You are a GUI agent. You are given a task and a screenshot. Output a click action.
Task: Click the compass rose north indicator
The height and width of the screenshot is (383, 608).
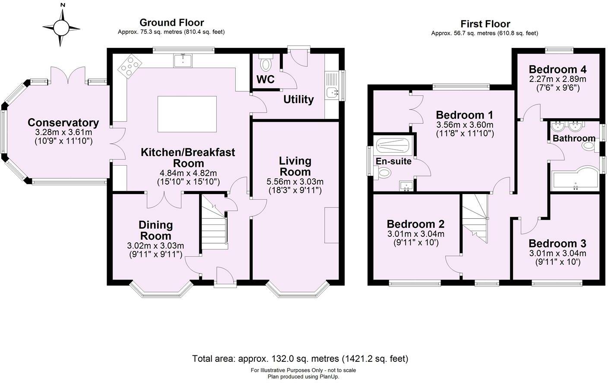click(x=63, y=6)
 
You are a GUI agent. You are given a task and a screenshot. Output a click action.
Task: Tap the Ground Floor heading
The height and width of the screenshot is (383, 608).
click(x=171, y=22)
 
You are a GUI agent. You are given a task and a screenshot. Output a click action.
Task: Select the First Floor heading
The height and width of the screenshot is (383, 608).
click(x=485, y=24)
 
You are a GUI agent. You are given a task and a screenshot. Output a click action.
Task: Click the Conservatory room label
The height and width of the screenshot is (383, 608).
click(x=63, y=123)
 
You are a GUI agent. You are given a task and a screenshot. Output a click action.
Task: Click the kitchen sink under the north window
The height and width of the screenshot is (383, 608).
click(x=183, y=61)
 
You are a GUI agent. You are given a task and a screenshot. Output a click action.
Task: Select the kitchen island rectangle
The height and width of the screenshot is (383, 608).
click(x=187, y=114)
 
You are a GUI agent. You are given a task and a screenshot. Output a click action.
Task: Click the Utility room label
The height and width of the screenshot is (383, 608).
click(x=298, y=100)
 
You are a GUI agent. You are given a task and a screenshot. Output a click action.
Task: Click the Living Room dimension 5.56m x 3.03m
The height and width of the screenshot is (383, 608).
click(x=295, y=181)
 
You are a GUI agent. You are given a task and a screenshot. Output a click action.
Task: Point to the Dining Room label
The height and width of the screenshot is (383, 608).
click(x=155, y=230)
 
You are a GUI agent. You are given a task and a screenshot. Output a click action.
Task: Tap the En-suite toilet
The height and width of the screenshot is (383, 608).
click(x=383, y=173)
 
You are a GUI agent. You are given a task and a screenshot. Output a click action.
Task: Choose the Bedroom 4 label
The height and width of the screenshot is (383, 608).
click(x=557, y=69)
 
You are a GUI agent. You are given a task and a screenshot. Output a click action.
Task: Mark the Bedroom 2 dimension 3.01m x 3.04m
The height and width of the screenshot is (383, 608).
click(x=416, y=234)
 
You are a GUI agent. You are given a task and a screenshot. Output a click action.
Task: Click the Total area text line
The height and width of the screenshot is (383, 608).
click(x=300, y=358)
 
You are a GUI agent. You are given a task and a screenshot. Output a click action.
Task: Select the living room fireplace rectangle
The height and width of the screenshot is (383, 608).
click(x=332, y=225)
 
